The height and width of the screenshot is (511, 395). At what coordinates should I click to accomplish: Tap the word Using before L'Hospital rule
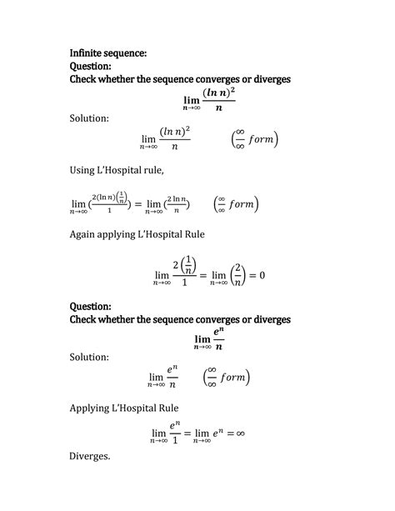tap(86, 171)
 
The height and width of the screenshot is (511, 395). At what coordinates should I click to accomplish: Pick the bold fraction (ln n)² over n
tap(218, 98)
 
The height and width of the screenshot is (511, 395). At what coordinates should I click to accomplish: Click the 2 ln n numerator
tap(172, 198)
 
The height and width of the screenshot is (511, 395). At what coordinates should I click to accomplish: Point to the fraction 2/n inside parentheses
tap(237, 274)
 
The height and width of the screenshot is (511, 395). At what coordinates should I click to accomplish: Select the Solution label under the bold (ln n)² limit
tap(89, 118)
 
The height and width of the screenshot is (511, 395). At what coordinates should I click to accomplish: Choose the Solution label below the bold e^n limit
tap(89, 357)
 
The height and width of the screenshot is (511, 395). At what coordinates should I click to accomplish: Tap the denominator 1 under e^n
tap(175, 442)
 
